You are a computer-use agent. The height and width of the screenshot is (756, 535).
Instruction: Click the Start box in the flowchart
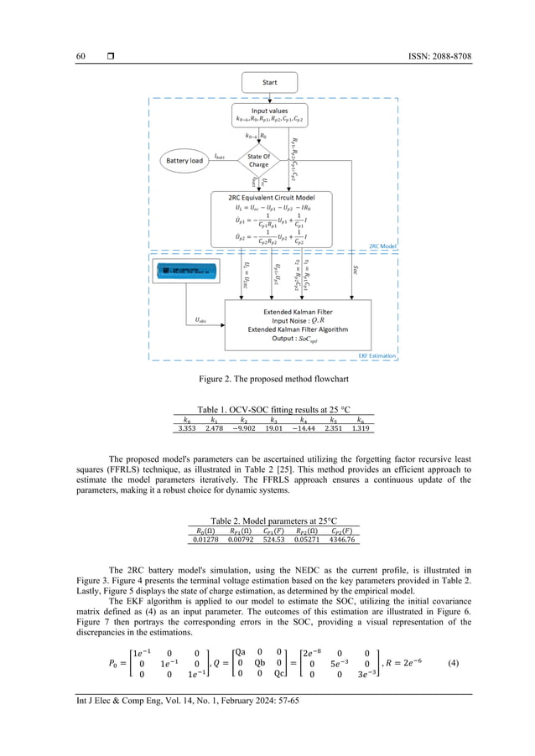pos(268,83)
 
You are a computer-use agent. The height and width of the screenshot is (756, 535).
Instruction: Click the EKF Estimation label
pos(377,355)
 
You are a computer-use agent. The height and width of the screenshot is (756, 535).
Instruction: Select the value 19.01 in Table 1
pos(274,428)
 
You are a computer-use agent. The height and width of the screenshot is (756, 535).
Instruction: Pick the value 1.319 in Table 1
pos(361,428)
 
